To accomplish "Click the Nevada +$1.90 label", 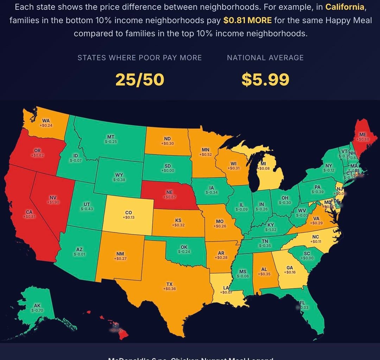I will pos(53,200).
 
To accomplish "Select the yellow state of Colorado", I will pos(129,215).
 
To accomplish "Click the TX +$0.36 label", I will pos(169,286).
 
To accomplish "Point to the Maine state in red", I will pos(362,137).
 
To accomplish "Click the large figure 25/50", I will pos(140,80).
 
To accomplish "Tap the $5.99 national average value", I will pos(265,80).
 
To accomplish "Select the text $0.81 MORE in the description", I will pos(247,20).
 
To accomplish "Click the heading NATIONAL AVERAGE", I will pos(265,58).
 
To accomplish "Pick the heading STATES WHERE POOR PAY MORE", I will pos(140,58).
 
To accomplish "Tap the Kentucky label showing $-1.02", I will pos(271,227).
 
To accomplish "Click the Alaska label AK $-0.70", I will pos(37,308).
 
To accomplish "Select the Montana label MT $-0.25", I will pos(110,139).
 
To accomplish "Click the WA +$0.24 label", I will pos(46,123).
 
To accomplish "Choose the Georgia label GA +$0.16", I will pos(290,270).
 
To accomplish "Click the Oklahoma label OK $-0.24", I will pos(184,249).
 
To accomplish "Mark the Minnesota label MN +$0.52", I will pos(205,152).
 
